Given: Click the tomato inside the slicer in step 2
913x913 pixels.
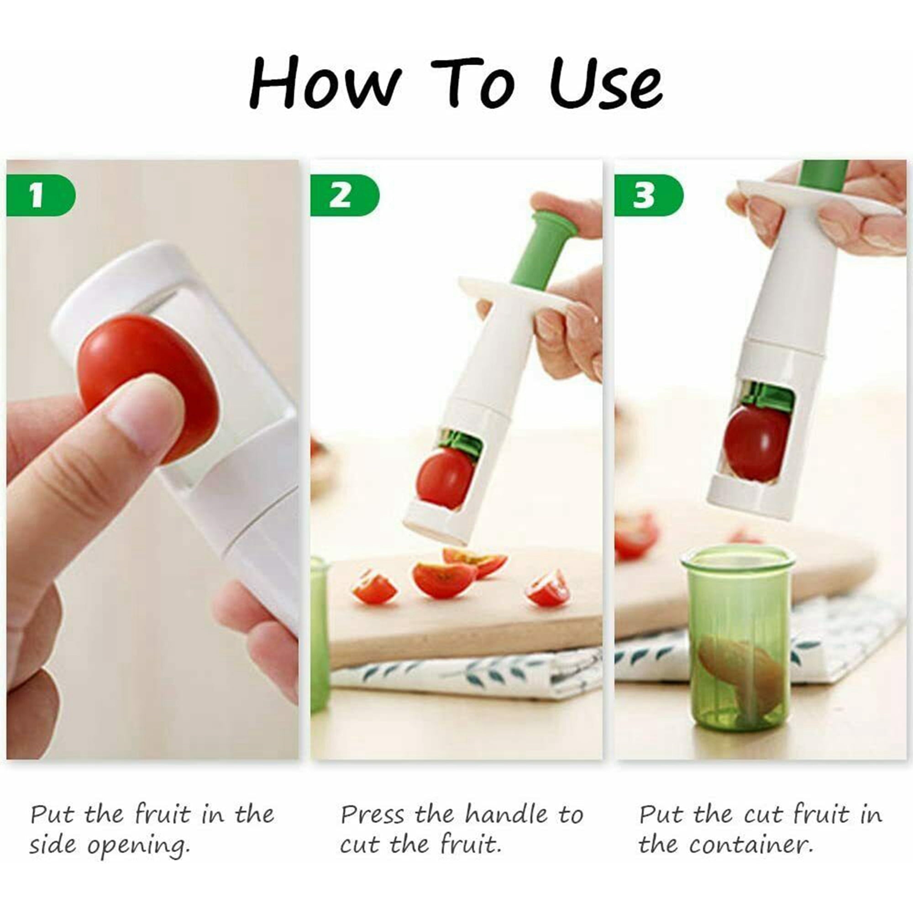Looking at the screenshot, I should point(445,478).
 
